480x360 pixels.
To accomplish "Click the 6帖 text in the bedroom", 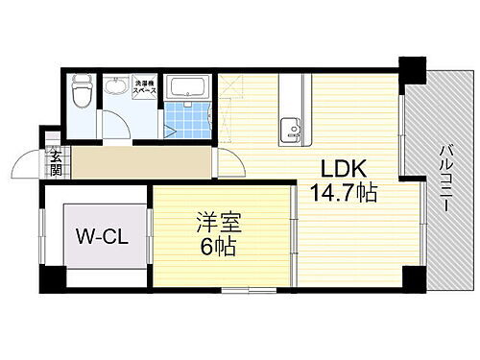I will [219, 247].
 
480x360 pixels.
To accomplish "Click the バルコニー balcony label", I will [446, 181].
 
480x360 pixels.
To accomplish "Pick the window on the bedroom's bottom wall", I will [248, 289].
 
